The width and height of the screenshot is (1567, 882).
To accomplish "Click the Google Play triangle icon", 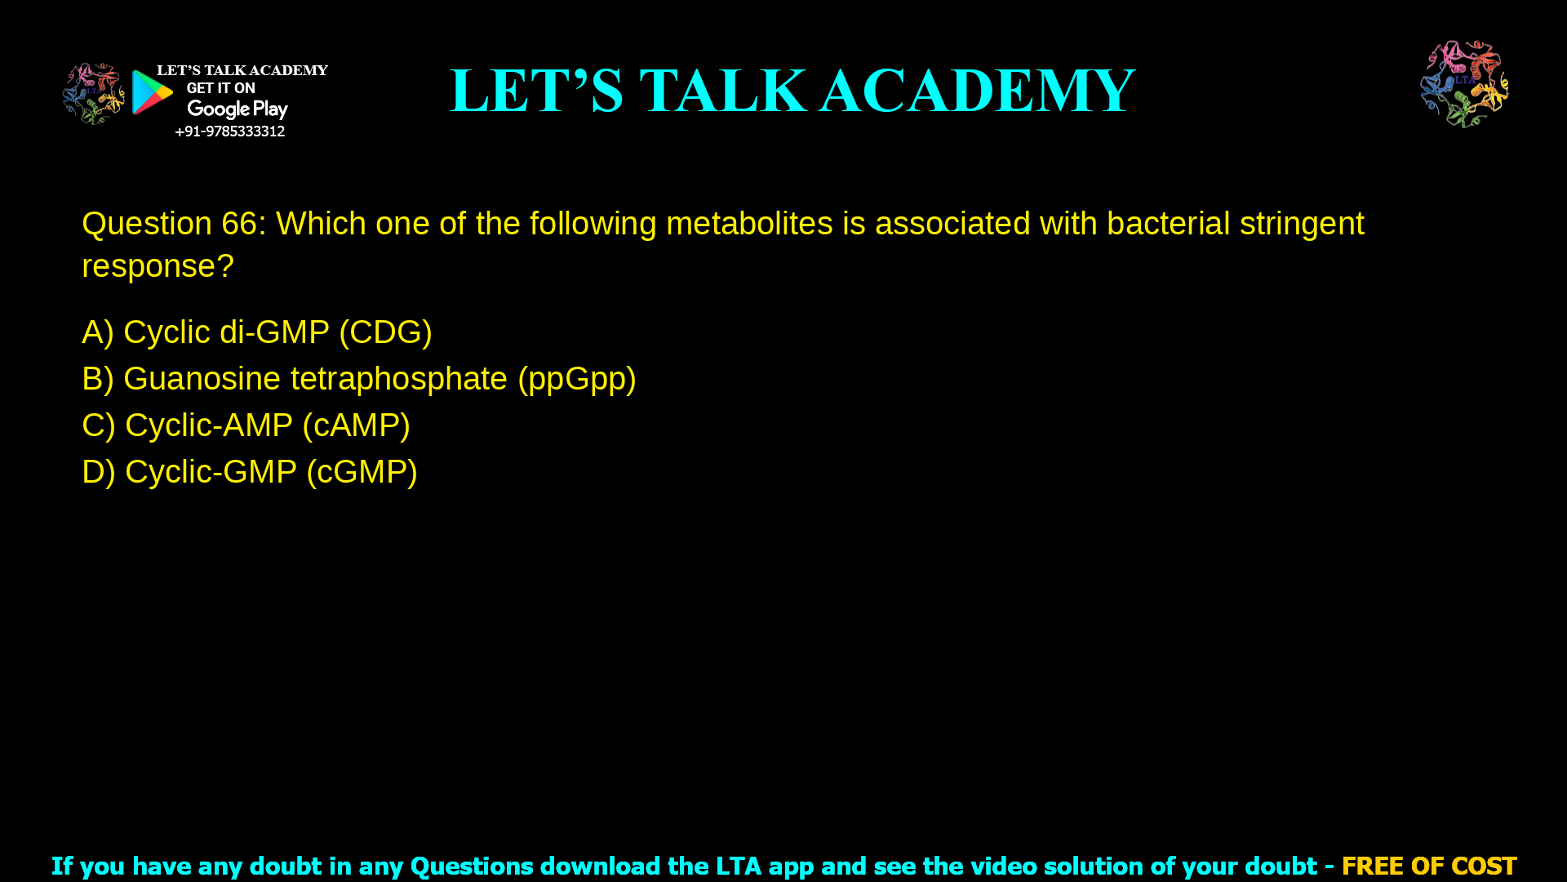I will (x=153, y=92).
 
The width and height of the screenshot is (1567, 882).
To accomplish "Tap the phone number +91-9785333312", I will (x=229, y=131).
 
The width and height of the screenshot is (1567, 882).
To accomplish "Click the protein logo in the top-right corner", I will (x=1464, y=84).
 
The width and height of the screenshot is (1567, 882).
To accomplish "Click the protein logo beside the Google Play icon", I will (x=93, y=94).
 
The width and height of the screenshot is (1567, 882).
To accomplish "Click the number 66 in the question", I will (x=239, y=224).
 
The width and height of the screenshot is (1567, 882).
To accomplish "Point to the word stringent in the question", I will (x=1301, y=224).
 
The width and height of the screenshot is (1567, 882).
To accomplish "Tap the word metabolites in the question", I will (x=749, y=224).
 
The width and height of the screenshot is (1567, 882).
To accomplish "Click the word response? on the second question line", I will (x=158, y=266).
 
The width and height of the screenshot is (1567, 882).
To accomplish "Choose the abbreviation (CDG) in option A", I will (x=385, y=332).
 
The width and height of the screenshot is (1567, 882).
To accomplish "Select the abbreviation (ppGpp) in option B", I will (x=576, y=379).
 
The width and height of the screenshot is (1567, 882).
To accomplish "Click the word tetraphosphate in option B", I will (x=398, y=379).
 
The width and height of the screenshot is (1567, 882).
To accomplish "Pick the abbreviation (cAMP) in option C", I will (x=356, y=425).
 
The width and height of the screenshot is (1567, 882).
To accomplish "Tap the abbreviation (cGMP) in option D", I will (x=362, y=472).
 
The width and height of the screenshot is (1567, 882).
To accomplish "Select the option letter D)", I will (x=98, y=472).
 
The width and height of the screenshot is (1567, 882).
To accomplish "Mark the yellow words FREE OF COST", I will (x=1428, y=866).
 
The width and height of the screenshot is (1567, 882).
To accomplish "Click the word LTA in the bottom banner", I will (x=738, y=866).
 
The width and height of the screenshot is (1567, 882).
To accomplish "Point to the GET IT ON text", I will (x=220, y=88).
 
